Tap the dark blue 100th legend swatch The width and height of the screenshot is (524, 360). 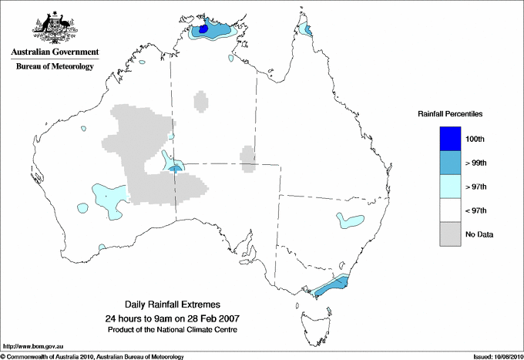point(451,139)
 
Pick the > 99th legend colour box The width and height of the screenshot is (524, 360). point(451,163)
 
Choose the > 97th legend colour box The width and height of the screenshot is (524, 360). point(451,187)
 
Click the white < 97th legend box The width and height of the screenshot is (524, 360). point(451,210)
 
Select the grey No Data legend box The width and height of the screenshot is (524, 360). point(451,234)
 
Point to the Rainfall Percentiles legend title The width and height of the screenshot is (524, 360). point(450,114)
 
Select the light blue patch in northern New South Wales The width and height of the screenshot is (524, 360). point(350,221)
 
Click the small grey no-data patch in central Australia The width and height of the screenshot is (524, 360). point(248,159)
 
